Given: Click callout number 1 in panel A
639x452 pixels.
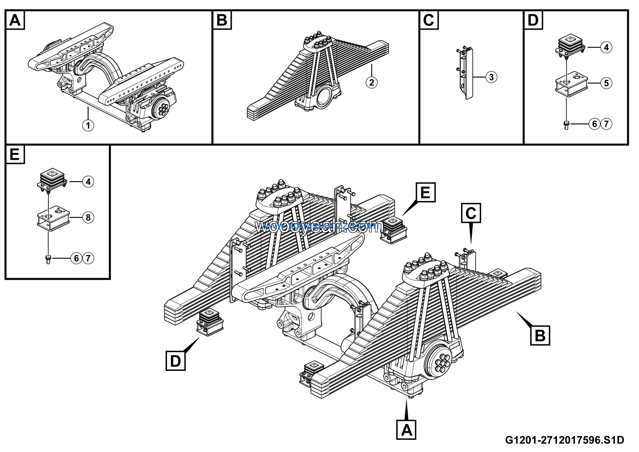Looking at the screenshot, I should click(88, 125).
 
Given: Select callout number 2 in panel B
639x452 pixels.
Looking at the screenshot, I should click(372, 82).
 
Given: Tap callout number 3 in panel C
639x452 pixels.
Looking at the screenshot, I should click(491, 77).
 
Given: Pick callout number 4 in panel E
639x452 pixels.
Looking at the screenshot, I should click(88, 182).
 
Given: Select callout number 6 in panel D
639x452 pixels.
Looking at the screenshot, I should click(595, 124).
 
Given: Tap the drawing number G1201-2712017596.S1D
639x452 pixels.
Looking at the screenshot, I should click(564, 440).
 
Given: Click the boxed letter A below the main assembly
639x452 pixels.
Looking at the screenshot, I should click(406, 430).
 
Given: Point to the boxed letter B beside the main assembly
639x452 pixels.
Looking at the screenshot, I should click(540, 335).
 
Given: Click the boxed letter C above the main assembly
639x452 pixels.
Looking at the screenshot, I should click(471, 213).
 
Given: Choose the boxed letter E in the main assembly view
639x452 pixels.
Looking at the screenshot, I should click(426, 192).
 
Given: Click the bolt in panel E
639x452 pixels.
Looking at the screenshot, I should click(48, 259).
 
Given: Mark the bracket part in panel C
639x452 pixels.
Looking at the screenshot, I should click(467, 73).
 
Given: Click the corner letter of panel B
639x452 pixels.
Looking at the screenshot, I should click(222, 20).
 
